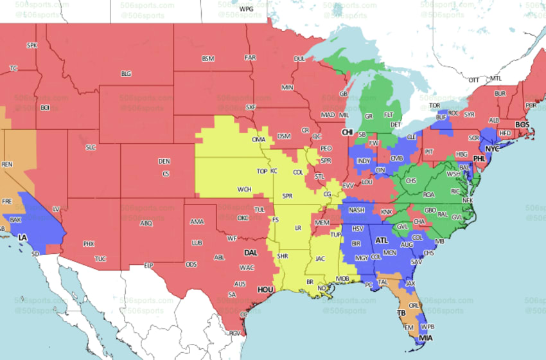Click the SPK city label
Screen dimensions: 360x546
click(31, 45)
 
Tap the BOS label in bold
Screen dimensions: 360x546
click(522, 124)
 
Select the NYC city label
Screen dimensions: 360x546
click(492, 148)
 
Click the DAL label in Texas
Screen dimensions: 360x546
click(251, 253)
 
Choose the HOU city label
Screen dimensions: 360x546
click(265, 290)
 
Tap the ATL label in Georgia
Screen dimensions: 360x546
click(382, 240)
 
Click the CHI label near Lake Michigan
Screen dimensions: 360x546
click(348, 132)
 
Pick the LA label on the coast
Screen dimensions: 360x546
click(23, 237)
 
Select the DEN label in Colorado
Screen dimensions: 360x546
click(164, 161)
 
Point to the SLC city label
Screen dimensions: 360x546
click(91, 147)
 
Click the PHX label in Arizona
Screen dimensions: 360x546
click(89, 244)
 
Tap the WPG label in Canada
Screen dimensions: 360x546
click(246, 10)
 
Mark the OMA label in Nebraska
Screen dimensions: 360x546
click(258, 139)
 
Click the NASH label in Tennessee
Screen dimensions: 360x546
click(357, 210)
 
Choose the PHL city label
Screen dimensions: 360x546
click(479, 157)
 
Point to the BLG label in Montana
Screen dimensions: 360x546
click(126, 74)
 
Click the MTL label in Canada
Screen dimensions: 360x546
click(495, 78)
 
